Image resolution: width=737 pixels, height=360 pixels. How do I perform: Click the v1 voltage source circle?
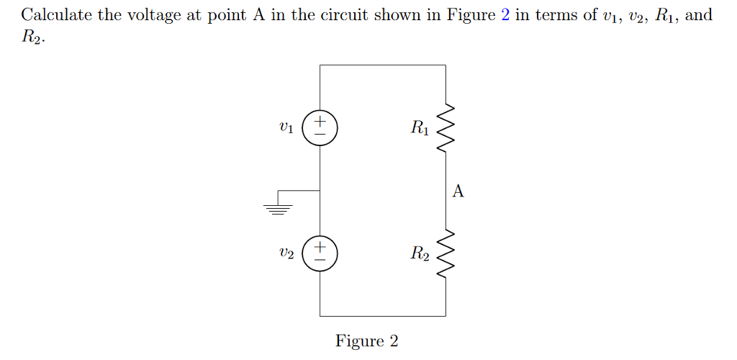click(320, 128)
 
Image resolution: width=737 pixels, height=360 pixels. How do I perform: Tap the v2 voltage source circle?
click(320, 253)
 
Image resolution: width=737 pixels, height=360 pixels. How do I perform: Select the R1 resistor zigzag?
click(446, 128)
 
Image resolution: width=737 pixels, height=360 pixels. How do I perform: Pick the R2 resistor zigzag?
click(446, 253)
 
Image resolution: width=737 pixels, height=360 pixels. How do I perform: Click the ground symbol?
click(278, 209)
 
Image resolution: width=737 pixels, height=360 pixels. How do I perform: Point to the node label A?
click(458, 191)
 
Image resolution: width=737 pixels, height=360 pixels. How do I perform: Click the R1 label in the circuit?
click(420, 129)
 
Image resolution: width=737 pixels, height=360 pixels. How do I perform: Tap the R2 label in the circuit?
click(420, 253)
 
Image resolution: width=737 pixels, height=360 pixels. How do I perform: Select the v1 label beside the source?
click(286, 129)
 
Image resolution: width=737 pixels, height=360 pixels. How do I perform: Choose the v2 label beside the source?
click(286, 253)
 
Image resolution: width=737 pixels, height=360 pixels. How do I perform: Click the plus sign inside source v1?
click(320, 121)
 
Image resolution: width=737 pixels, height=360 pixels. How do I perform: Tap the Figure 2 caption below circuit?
click(366, 341)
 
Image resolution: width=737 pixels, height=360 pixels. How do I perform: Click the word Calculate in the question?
click(55, 15)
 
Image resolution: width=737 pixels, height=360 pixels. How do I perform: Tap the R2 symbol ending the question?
click(31, 37)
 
